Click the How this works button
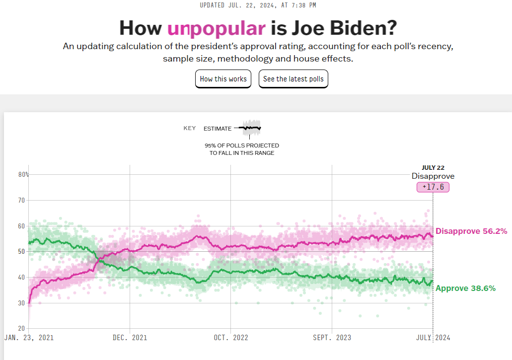(x=223, y=79)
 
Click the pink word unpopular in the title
(x=216, y=28)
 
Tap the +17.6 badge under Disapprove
(x=433, y=187)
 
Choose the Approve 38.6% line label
(x=465, y=288)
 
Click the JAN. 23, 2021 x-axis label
(x=29, y=338)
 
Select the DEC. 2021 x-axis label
(x=130, y=338)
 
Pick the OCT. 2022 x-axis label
(x=231, y=338)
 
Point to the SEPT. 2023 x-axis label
(x=332, y=338)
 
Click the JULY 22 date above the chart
(x=433, y=167)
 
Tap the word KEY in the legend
(x=190, y=128)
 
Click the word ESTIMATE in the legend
(x=217, y=129)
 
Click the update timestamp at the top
(x=257, y=5)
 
